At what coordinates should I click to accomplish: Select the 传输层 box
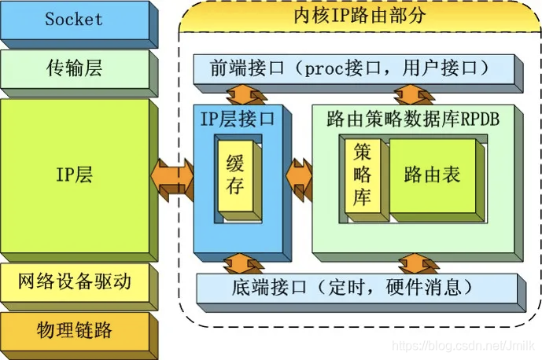74,70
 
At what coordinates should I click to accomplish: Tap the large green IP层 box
74,174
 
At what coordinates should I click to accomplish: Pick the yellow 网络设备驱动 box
74,281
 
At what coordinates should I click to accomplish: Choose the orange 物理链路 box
74,329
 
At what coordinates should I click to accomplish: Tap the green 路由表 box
432,174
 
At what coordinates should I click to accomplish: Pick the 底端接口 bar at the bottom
354,285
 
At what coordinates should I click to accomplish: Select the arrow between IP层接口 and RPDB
299,174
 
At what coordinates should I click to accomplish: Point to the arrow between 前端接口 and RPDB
412,94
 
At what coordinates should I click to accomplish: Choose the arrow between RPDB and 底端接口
412,263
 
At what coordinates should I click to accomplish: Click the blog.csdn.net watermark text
465,346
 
